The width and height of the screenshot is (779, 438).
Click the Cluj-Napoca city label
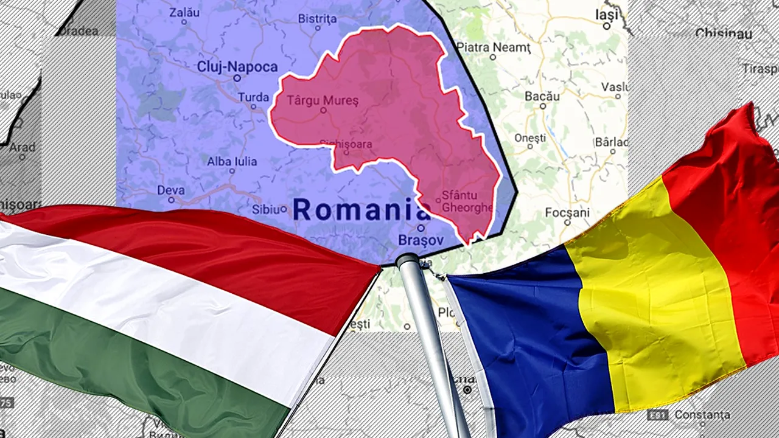(x=237, y=67)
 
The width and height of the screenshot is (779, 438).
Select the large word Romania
(x=362, y=210)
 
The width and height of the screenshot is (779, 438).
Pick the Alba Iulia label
(x=232, y=162)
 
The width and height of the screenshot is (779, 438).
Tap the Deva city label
(x=170, y=190)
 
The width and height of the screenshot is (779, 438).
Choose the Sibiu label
(x=265, y=210)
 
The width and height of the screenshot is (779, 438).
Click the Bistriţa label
(x=317, y=19)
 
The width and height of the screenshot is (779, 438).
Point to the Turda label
(x=253, y=97)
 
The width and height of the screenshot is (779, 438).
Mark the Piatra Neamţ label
(x=494, y=47)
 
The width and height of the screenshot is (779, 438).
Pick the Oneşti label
(x=530, y=138)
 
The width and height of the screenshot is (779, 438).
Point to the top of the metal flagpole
(x=407, y=260)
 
